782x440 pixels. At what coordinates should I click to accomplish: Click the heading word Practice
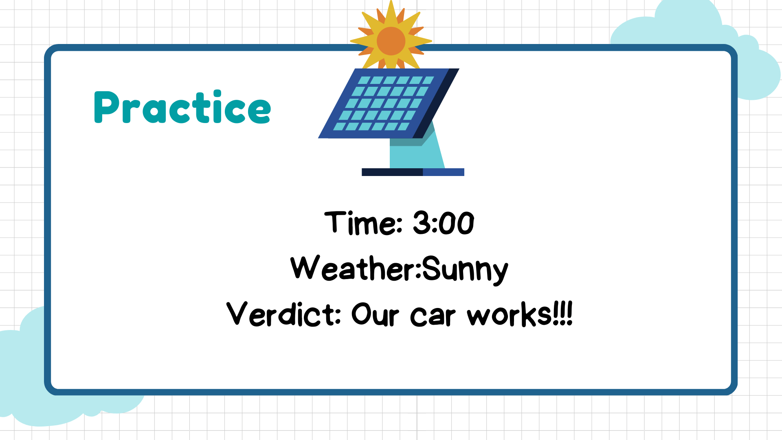coord(182,107)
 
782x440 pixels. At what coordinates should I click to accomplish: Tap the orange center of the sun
coord(391,41)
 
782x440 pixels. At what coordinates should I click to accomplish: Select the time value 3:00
coord(444,223)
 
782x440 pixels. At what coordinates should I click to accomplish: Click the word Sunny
coord(465,270)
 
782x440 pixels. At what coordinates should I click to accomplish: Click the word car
coord(433,316)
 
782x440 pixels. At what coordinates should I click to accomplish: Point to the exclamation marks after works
coord(562,313)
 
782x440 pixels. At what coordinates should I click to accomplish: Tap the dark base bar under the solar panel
coord(413,172)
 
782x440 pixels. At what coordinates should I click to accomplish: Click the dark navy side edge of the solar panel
coord(436,103)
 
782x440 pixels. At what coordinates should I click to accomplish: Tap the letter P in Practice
coord(106,107)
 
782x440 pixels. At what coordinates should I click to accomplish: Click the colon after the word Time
coord(399,225)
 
